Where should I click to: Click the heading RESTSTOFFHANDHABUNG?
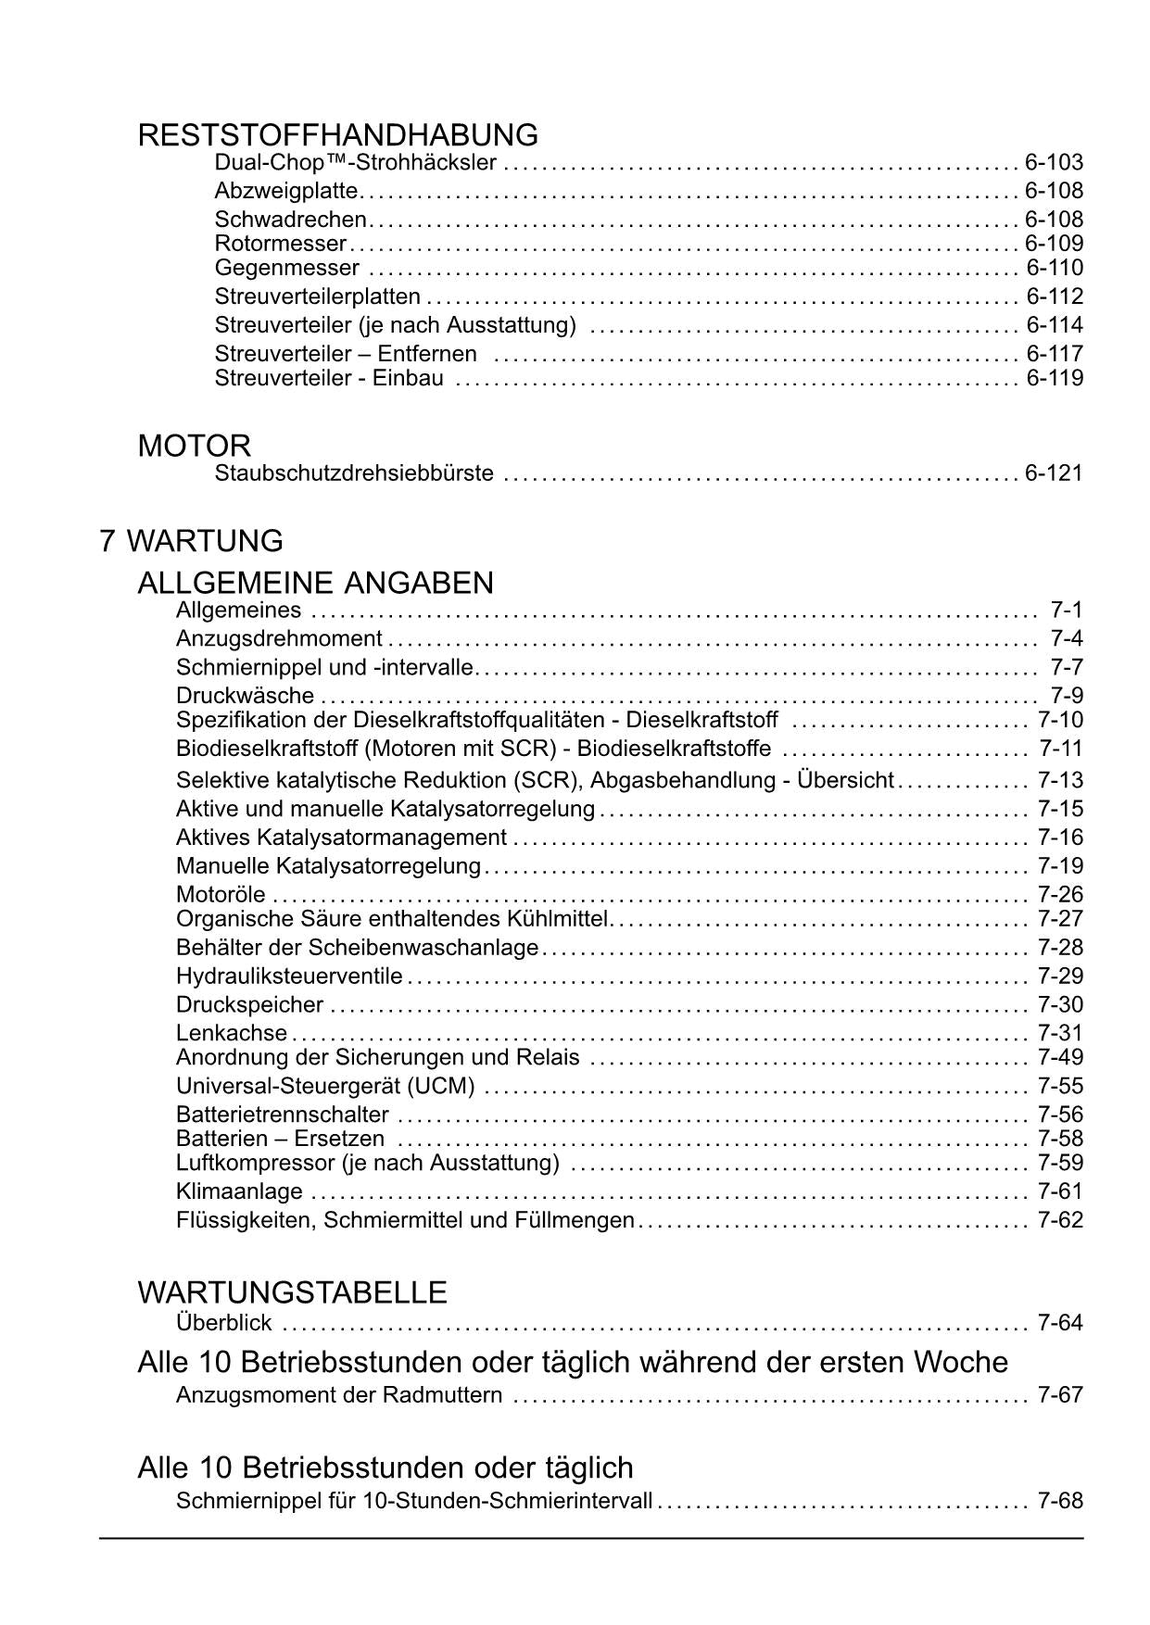tap(337, 135)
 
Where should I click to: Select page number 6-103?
tap(1054, 163)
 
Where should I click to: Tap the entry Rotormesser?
tap(280, 244)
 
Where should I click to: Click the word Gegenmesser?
tap(286, 269)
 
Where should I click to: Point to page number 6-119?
tap(1055, 378)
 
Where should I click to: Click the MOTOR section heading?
tap(194, 446)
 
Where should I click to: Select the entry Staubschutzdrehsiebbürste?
tap(354, 473)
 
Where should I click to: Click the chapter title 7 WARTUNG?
tap(191, 541)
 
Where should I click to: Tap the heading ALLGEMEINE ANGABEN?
tap(315, 583)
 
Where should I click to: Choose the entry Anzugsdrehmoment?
tap(279, 638)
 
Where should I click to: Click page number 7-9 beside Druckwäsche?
tap(1067, 696)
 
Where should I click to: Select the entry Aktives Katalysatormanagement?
tap(341, 838)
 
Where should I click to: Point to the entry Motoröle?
tap(221, 895)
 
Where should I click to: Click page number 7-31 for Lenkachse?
tap(1060, 1033)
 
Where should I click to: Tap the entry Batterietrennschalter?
tap(282, 1115)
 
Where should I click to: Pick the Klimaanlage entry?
tap(239, 1191)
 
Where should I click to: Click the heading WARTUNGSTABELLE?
tap(292, 1292)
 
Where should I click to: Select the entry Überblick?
tap(223, 1323)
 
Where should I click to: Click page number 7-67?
tap(1060, 1395)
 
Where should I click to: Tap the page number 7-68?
tap(1060, 1501)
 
